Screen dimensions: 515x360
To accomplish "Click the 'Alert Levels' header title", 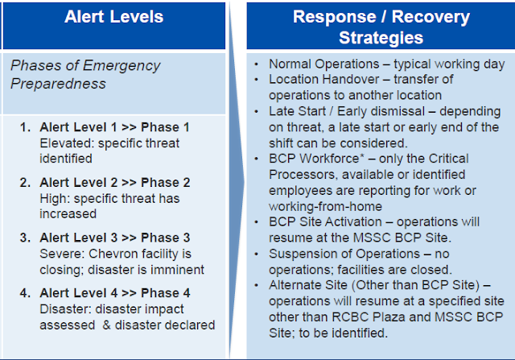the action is [x=113, y=17].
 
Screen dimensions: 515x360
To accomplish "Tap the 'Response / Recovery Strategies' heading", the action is [x=381, y=27].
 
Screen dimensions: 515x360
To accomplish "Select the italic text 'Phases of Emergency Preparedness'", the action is [x=85, y=75].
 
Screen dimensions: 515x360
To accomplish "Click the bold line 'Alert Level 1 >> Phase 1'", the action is [x=114, y=127].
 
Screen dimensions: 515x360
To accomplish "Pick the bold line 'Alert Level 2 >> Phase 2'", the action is [x=114, y=183].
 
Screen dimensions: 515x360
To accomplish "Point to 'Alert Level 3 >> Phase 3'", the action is [x=114, y=238].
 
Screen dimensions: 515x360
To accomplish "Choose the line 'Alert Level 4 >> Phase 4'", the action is [x=114, y=293].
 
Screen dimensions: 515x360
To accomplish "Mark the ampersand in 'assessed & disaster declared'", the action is [x=106, y=325].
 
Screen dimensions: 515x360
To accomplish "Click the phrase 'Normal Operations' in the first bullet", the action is [x=323, y=64].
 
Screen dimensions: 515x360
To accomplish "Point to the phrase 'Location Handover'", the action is [x=323, y=79].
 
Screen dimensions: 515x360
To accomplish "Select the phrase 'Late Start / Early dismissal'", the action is [x=347, y=111].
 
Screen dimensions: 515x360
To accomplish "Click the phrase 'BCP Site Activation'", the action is [x=325, y=222].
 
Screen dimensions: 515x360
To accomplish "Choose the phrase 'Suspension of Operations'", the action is [x=344, y=254].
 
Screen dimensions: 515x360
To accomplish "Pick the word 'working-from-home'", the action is [x=325, y=206].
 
